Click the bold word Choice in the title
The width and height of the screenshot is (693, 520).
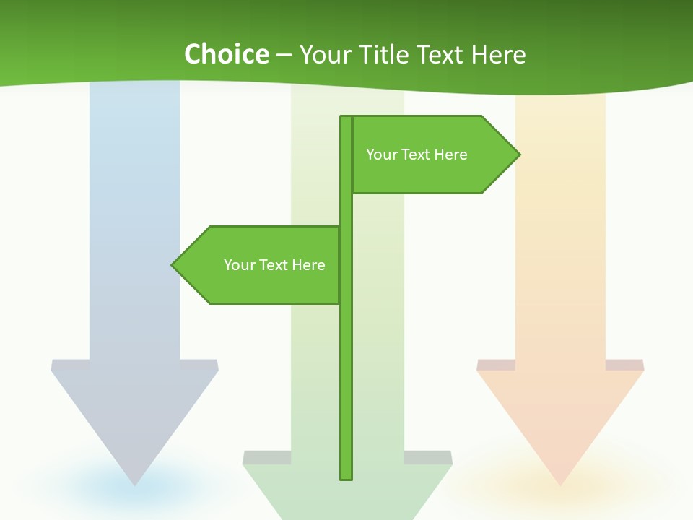click(x=226, y=55)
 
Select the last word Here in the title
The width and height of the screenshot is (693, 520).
click(x=498, y=55)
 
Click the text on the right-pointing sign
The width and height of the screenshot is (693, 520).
click(x=417, y=155)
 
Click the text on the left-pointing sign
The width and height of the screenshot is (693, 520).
click(x=274, y=265)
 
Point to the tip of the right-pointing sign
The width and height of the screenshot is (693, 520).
click(x=518, y=155)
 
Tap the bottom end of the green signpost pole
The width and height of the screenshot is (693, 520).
click(x=346, y=477)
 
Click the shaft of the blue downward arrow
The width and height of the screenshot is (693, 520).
click(x=135, y=217)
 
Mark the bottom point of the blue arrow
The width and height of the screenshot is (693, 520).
click(x=135, y=484)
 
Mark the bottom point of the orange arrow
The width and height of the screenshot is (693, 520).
click(x=560, y=484)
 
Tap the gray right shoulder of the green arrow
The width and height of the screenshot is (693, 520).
click(x=428, y=458)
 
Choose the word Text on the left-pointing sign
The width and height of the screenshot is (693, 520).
click(x=274, y=265)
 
